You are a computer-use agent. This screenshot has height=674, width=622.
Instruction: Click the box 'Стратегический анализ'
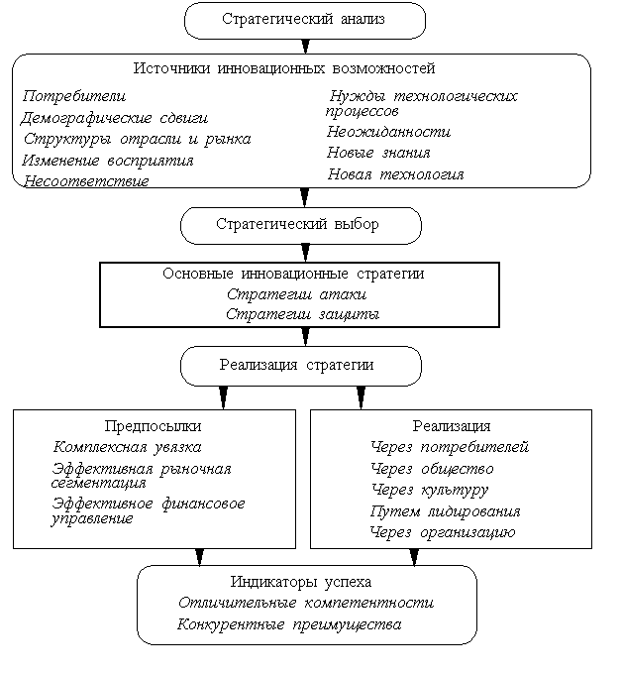304,20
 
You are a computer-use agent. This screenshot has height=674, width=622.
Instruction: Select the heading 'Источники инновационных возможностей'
284,68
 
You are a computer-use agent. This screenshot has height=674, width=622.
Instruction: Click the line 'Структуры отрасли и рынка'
137,139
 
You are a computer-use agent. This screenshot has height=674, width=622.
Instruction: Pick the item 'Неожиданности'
388,131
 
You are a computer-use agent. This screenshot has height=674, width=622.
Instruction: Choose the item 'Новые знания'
378,153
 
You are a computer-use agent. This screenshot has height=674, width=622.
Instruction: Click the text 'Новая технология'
395,174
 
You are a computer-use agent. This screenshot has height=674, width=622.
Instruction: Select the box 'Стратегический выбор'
297,224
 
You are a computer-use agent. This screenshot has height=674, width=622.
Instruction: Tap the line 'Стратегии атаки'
297,294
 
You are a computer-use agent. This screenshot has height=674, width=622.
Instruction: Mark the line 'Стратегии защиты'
301,314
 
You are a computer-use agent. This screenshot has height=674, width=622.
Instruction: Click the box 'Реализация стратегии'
296,365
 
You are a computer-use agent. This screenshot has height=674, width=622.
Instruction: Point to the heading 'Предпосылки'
153,426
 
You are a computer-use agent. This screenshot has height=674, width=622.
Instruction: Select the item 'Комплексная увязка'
128,447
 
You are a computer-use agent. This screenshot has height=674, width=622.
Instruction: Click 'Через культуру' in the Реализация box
430,490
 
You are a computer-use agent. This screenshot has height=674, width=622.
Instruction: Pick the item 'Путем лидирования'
445,511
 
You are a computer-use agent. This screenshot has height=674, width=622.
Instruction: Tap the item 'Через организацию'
443,532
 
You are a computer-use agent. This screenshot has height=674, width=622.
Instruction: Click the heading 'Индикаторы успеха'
301,581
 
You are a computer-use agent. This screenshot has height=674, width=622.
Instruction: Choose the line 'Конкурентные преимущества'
289,624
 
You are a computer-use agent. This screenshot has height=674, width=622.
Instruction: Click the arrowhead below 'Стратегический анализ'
304,47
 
